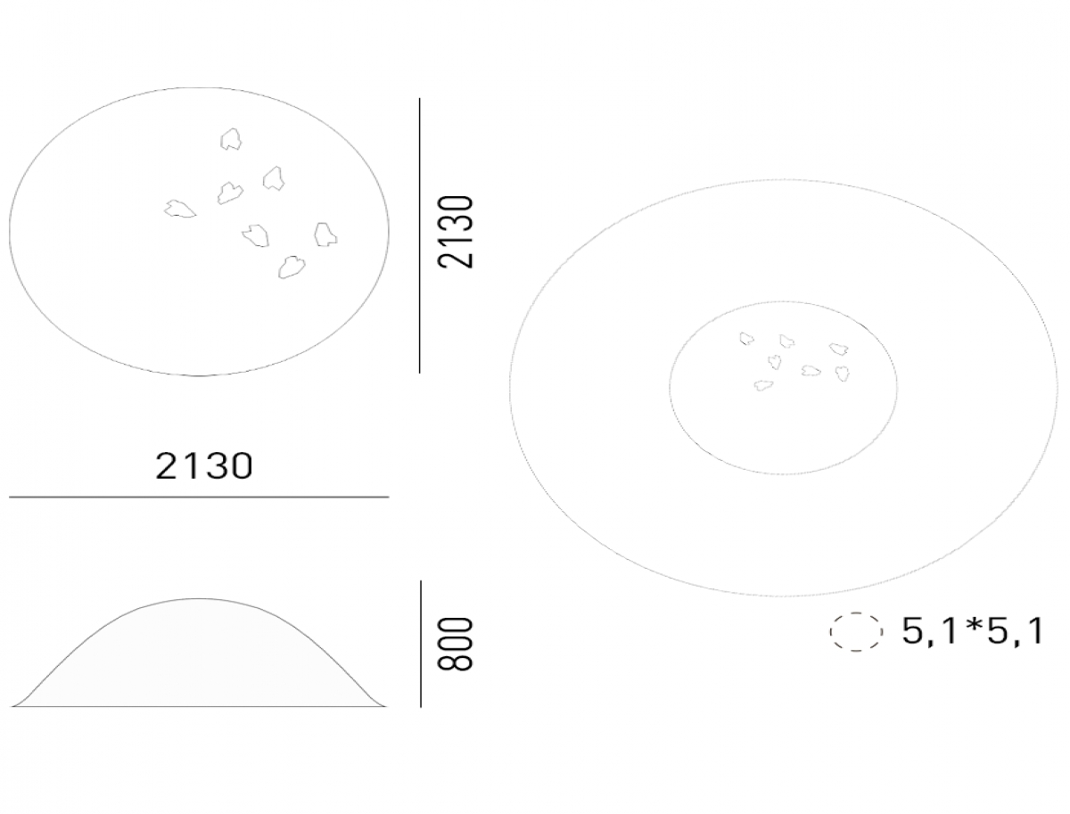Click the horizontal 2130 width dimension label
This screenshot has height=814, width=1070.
(204, 465)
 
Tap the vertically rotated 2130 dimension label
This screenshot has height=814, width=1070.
(456, 232)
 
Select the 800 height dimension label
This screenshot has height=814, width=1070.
(456, 644)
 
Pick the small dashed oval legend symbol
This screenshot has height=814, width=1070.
(856, 632)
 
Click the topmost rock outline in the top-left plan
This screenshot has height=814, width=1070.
(231, 139)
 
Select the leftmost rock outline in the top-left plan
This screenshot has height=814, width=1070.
(179, 209)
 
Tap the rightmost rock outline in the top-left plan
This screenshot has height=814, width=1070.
(325, 234)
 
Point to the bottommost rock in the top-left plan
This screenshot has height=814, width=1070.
(292, 267)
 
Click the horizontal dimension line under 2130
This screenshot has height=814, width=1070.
(199, 497)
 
